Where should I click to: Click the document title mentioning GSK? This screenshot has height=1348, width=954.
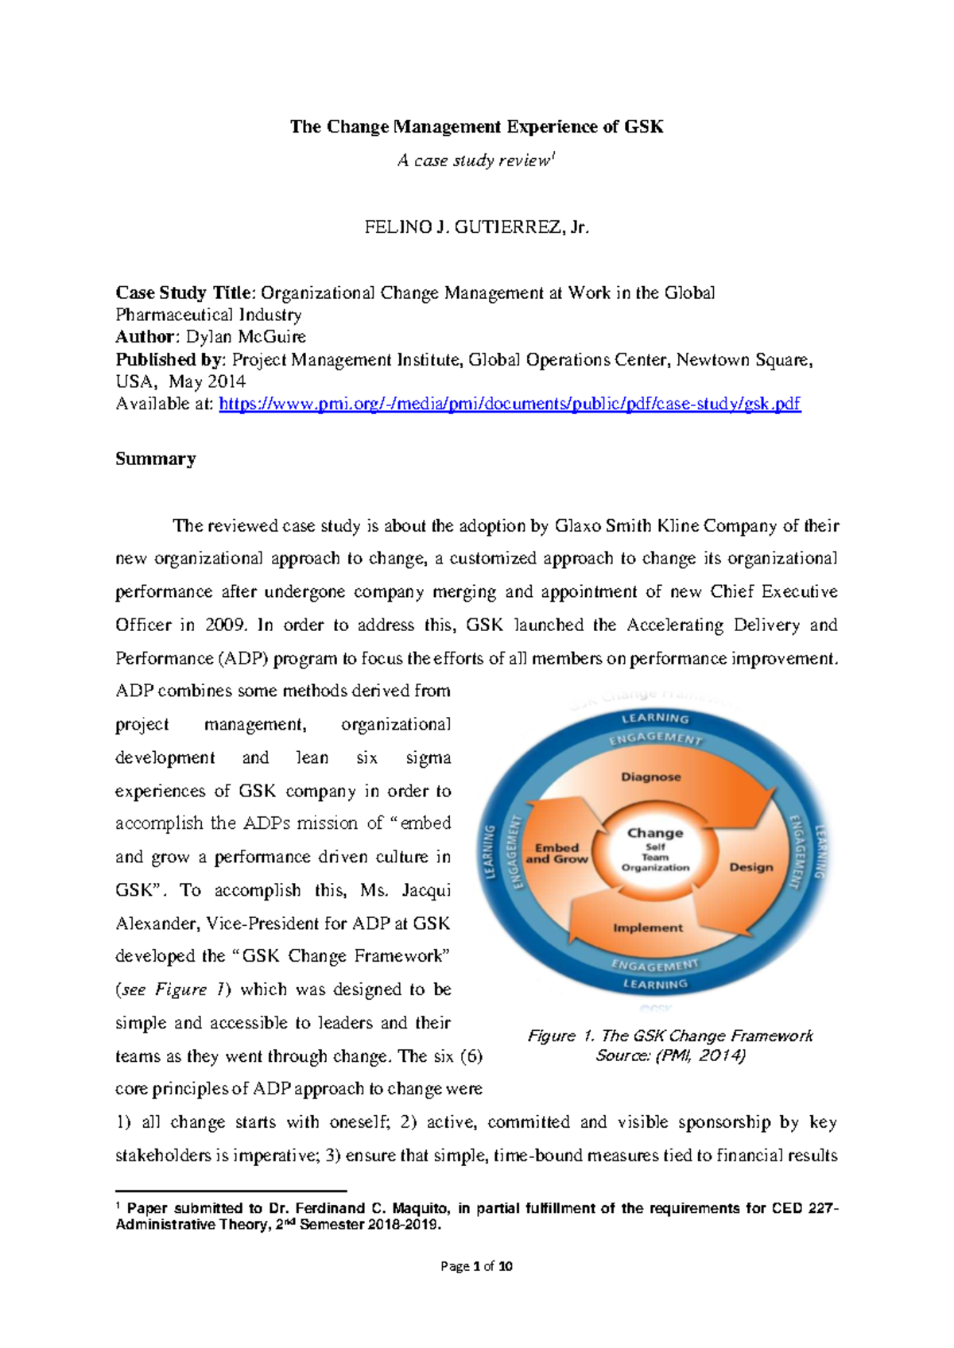click(x=476, y=126)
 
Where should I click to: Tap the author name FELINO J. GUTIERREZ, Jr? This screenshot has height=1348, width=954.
click(x=476, y=227)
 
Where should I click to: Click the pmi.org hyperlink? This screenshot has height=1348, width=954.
click(x=509, y=404)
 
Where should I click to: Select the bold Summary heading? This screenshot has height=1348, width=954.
click(x=155, y=459)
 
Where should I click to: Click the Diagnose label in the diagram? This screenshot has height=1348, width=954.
click(x=650, y=777)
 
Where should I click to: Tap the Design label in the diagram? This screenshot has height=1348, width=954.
click(x=750, y=867)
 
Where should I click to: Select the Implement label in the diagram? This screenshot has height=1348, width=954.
click(x=647, y=928)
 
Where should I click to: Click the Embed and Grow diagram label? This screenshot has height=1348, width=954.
click(x=556, y=853)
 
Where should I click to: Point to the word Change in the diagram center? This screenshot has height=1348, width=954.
click(x=654, y=833)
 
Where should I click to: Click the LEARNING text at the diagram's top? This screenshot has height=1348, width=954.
click(x=655, y=718)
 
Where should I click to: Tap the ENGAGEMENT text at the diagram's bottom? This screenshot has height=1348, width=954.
click(x=654, y=965)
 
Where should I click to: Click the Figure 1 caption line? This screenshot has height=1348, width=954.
click(x=669, y=1036)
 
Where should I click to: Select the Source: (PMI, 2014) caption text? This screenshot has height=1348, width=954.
click(x=670, y=1056)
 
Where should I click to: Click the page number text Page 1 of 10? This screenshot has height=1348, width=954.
click(x=476, y=1266)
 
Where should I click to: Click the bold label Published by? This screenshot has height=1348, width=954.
click(x=170, y=359)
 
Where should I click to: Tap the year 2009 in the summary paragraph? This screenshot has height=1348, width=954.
click(x=224, y=625)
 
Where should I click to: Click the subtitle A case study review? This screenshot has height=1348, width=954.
click(x=475, y=161)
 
